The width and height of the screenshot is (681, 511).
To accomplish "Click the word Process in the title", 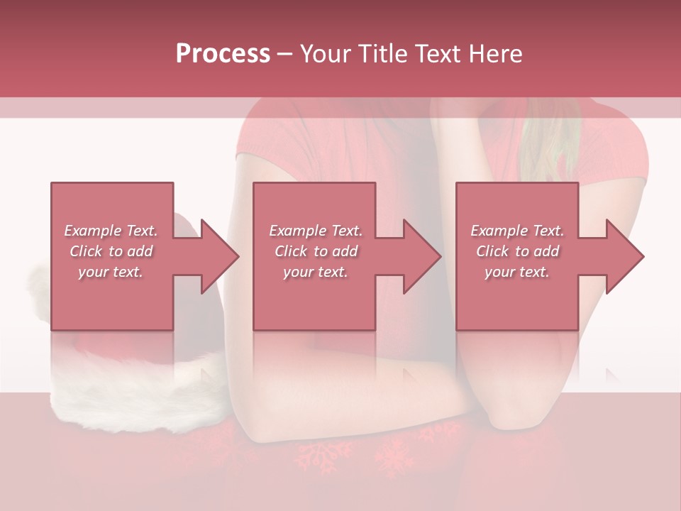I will click(223, 54).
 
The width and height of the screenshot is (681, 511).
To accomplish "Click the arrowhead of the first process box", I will click(220, 256).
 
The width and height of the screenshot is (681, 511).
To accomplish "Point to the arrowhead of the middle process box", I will click(422, 256).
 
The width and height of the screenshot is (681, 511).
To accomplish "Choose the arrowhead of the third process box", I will click(625, 256).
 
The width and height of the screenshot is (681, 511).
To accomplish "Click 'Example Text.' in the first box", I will click(111, 231).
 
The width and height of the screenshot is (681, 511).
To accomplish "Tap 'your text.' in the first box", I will click(111, 272).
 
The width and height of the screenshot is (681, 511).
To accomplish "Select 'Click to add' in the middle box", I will click(316, 251).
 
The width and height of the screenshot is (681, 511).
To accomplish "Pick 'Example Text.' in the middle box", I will click(316, 231).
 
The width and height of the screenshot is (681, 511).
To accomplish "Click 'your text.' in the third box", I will click(517, 272).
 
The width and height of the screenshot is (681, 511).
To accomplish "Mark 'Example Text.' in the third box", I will click(517, 231).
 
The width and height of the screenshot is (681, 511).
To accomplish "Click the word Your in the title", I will click(325, 54).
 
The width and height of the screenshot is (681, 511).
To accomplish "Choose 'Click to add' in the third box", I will click(517, 251).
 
